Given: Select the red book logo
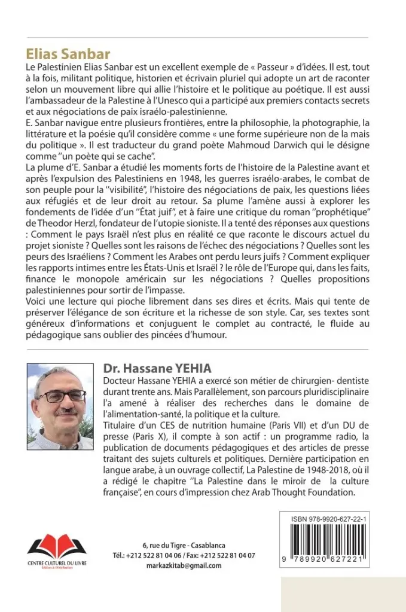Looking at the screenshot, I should (x=57, y=544).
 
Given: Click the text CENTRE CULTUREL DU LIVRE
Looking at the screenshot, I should (x=57, y=562).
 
